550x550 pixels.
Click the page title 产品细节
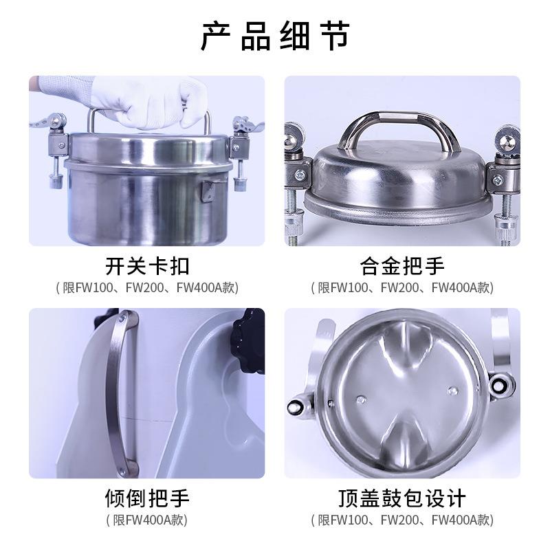[275, 36]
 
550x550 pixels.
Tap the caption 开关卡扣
[147, 265]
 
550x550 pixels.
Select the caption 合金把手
[402, 265]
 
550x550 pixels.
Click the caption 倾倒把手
[147, 498]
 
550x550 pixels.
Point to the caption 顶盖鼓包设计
[402, 498]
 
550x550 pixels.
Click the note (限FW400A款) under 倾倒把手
[147, 520]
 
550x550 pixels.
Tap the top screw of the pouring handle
[122, 317]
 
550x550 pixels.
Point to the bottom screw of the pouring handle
[122, 470]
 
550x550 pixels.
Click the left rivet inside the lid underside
[362, 397]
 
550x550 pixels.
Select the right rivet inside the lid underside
[452, 390]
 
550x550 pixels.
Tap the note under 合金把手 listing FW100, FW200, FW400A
[402, 287]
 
